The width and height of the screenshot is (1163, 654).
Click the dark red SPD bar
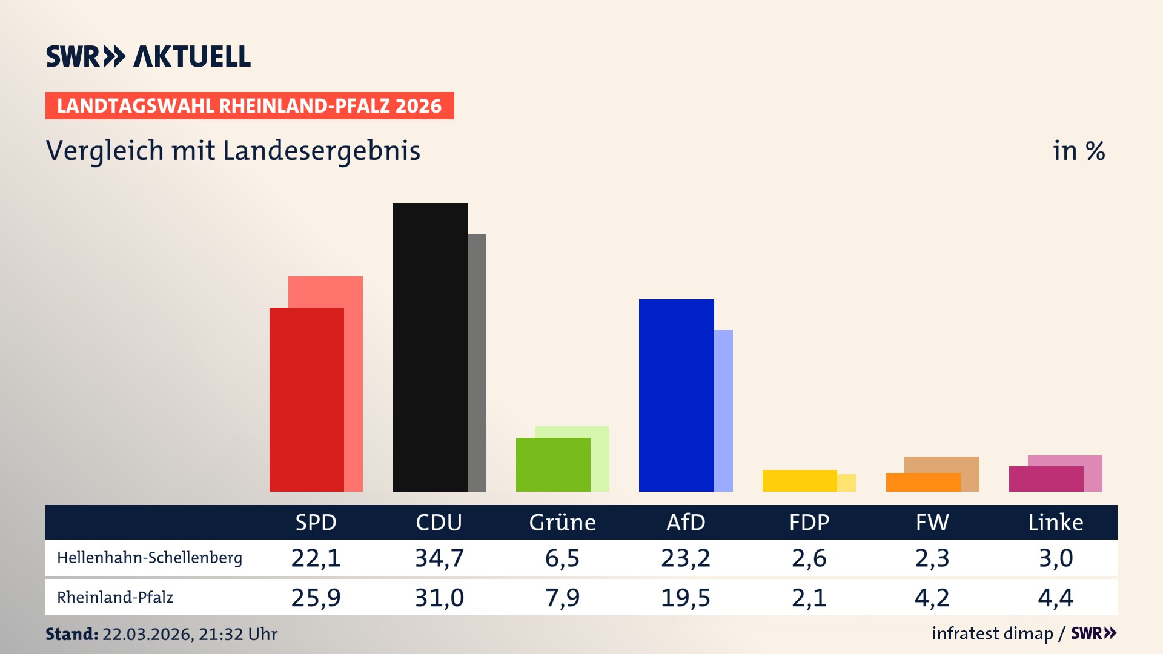[306, 400]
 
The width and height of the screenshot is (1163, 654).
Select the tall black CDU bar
[429, 348]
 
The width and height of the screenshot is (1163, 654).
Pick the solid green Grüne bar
[552, 464]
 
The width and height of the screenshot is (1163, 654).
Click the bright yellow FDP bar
[799, 480]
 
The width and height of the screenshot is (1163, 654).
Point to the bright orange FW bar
[923, 482]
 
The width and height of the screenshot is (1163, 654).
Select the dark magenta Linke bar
[1045, 479]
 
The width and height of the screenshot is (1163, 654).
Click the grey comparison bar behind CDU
[477, 363]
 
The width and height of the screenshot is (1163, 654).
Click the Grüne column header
[562, 522]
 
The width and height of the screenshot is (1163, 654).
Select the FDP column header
[809, 522]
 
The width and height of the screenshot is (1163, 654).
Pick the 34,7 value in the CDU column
[439, 558]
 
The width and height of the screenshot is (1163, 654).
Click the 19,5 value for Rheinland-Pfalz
[685, 598]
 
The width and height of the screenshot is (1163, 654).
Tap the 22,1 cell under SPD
[316, 558]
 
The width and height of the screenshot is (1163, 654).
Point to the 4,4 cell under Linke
[1055, 598]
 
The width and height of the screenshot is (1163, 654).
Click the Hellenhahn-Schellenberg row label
[150, 558]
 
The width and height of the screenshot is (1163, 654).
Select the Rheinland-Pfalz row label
[115, 598]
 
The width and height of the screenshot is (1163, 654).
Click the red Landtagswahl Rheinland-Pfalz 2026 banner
[249, 106]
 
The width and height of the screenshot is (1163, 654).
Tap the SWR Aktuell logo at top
[148, 56]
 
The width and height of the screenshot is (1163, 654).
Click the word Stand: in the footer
[71, 634]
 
